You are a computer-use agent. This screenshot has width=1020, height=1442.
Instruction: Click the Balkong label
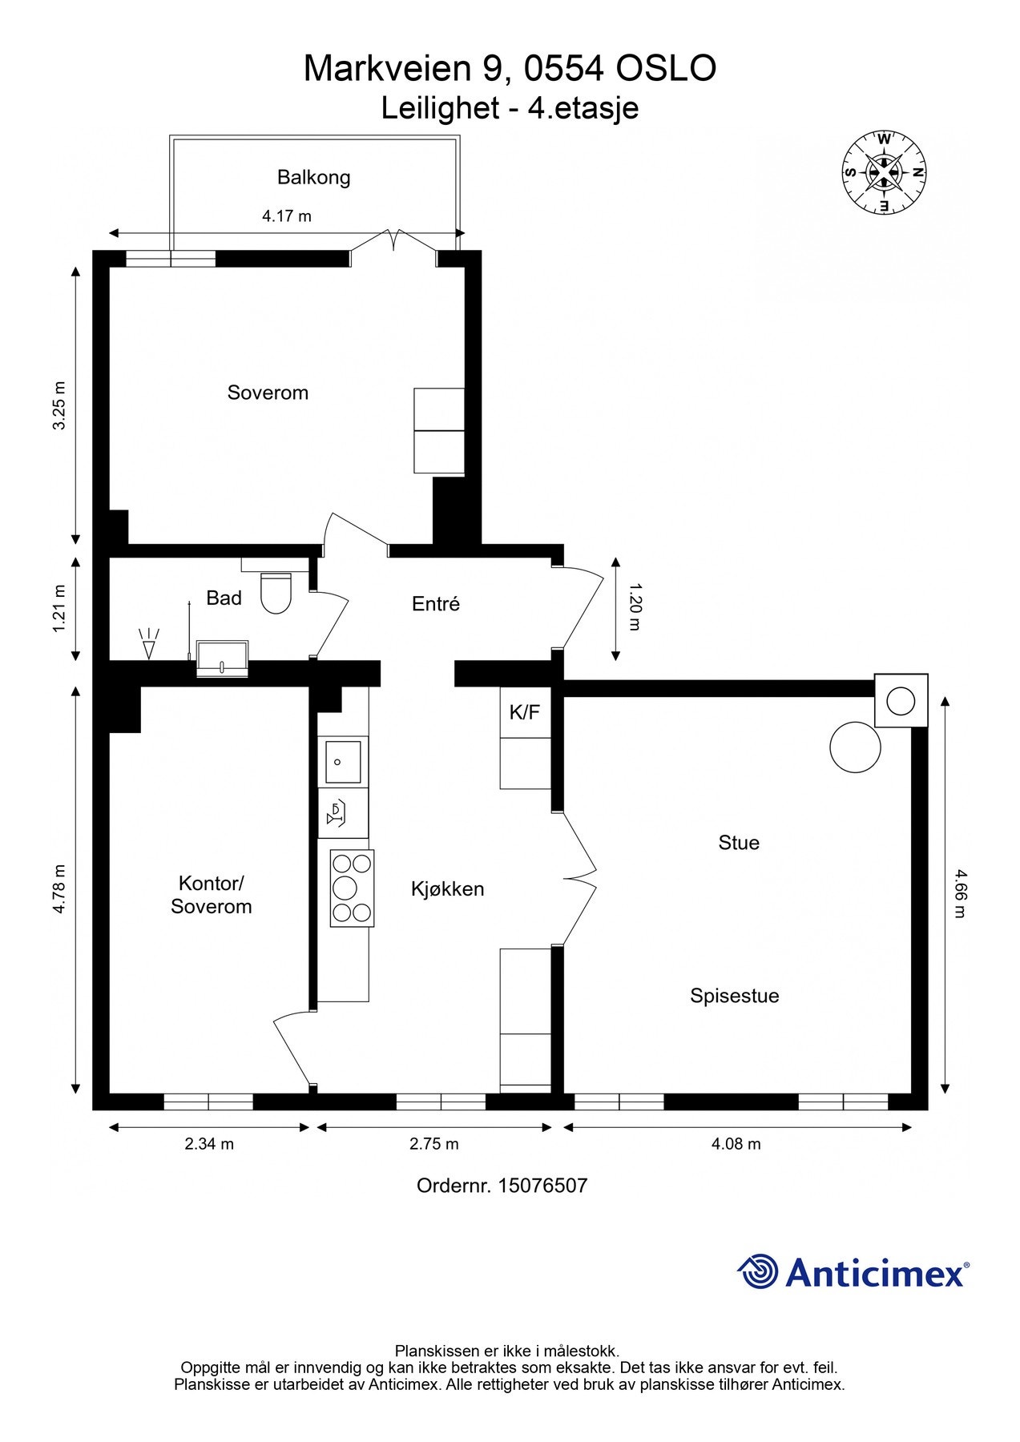tap(313, 177)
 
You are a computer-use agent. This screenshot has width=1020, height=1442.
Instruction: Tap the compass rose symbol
tap(884, 172)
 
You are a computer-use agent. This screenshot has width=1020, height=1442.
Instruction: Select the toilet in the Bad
tap(275, 593)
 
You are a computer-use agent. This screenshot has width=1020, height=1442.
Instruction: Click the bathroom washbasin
tap(222, 659)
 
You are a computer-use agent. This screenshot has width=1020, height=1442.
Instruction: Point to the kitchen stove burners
tap(352, 888)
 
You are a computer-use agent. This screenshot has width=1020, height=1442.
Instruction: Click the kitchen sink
tap(343, 761)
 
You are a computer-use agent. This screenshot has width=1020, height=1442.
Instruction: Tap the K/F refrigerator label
tap(525, 711)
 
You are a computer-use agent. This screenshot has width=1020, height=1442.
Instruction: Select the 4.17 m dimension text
tap(287, 215)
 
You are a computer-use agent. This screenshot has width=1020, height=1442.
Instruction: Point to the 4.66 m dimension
tap(960, 894)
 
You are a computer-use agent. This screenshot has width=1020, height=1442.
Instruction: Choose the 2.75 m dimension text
tap(434, 1144)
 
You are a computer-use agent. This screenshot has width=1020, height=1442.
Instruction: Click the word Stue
tap(739, 843)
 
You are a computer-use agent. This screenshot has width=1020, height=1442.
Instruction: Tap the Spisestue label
tap(735, 996)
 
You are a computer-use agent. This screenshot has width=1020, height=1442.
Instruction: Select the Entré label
tap(436, 604)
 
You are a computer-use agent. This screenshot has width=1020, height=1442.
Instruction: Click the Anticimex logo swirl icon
tap(758, 1271)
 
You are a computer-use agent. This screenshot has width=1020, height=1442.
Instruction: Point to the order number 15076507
tap(543, 1186)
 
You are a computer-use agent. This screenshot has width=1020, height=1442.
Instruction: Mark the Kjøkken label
tap(448, 888)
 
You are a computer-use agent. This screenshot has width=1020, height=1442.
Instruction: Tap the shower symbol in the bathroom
tap(149, 642)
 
